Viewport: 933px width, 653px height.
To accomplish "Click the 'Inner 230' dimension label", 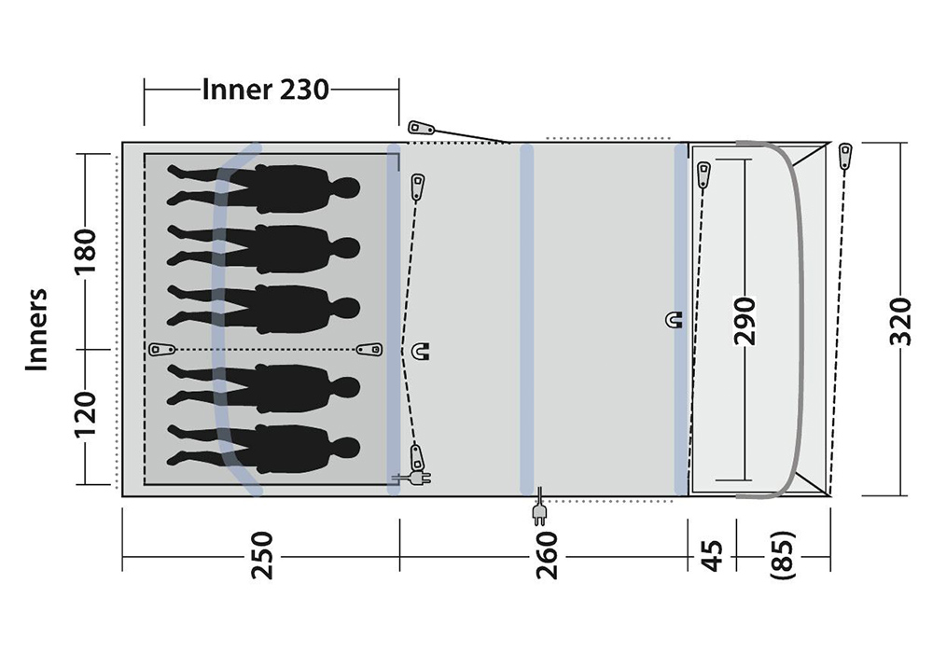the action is [265, 90].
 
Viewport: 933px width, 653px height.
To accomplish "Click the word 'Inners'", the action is [37, 330].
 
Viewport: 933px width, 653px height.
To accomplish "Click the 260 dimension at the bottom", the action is [546, 555].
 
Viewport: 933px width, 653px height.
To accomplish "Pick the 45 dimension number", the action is [712, 555].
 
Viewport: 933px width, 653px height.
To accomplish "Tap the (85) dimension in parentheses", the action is [783, 555].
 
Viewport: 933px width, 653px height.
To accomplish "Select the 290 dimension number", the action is [745, 321].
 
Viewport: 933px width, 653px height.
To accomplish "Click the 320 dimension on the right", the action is [900, 321].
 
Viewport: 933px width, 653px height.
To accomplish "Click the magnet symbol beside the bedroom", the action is [422, 351].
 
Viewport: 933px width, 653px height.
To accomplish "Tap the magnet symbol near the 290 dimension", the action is [673, 320].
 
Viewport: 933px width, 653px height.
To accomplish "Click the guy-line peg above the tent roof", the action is [422, 128].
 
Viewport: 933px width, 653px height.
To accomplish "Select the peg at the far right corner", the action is [844, 157].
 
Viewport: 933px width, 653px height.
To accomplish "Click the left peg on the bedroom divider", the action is [161, 349].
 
